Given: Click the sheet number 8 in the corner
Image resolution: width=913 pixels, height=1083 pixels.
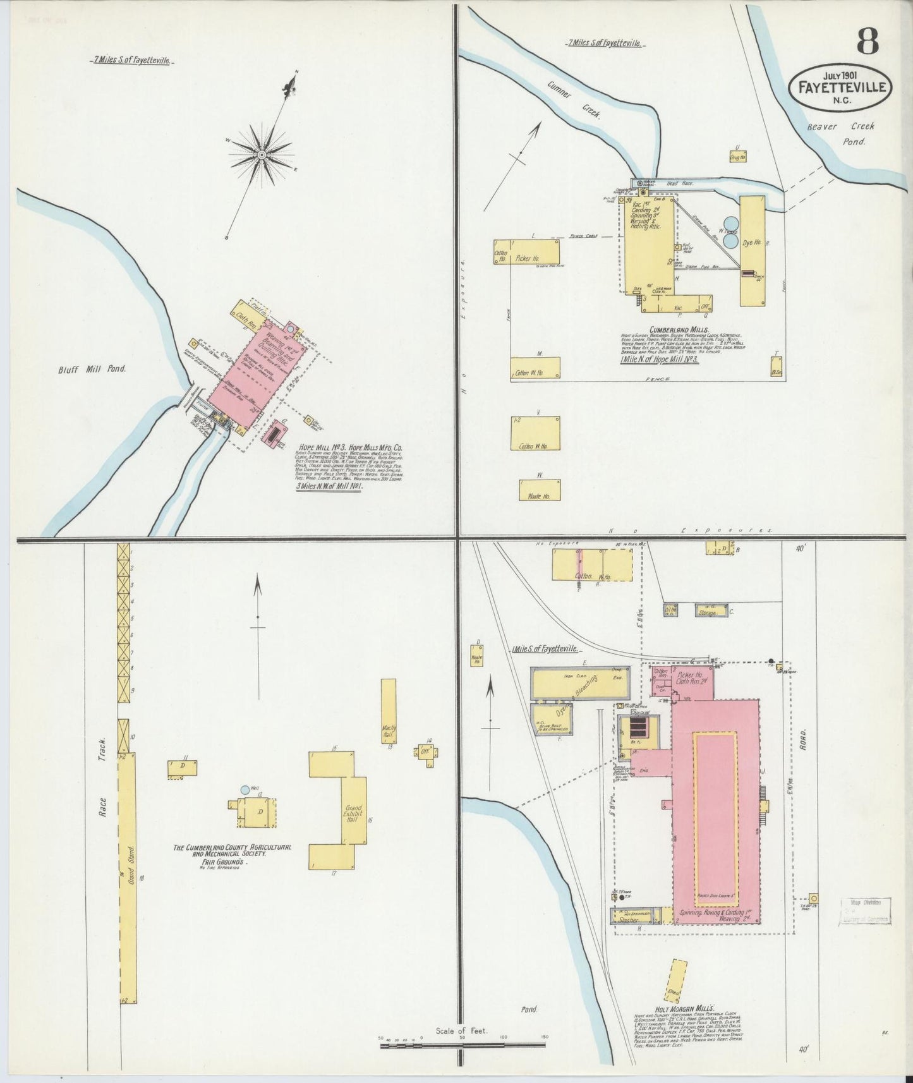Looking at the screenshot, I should tap(868, 42).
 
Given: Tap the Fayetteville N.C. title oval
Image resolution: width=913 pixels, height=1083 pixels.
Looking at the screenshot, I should tap(840, 87).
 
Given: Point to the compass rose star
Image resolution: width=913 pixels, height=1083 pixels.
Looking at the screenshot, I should tap(261, 154).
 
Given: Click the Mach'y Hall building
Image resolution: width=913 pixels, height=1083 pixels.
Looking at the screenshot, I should tap(389, 711).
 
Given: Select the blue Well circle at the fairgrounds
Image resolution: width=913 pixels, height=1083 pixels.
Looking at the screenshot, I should tap(245, 790).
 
